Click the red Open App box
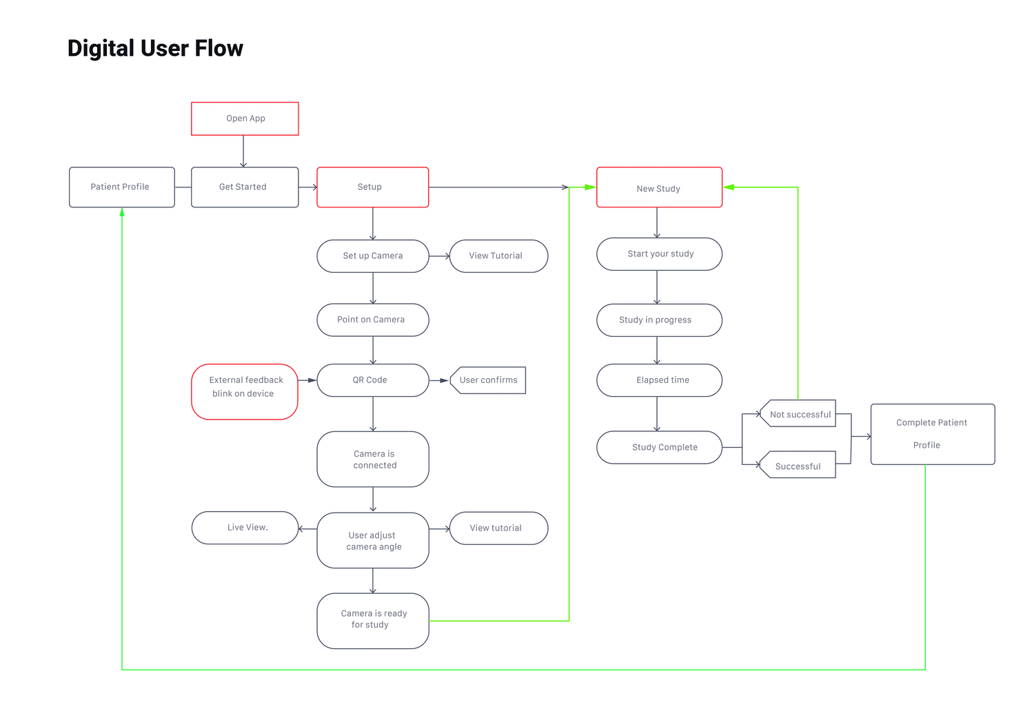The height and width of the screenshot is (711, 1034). [x=245, y=118]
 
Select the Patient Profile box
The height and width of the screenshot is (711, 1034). [x=121, y=187]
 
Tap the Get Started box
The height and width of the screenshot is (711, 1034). [x=244, y=187]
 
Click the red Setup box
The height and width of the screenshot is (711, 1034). [x=372, y=187]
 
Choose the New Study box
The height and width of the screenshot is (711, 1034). [x=658, y=187]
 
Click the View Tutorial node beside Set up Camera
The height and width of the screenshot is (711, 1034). [x=498, y=256]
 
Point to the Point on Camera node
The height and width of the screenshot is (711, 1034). [x=372, y=320]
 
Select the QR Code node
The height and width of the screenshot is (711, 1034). [x=372, y=380]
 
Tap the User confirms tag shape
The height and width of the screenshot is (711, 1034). [x=489, y=380]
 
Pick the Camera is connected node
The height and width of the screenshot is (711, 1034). [x=372, y=459]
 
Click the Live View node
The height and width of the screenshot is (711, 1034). [x=245, y=528]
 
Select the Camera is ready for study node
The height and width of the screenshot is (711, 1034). [x=372, y=620]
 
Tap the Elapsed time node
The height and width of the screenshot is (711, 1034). [x=659, y=380]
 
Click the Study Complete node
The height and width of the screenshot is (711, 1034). [x=659, y=447]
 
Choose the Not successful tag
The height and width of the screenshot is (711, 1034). [x=800, y=414]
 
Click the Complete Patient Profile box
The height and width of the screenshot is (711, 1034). [x=932, y=434]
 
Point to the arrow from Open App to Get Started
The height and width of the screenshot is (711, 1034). [x=243, y=152]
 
